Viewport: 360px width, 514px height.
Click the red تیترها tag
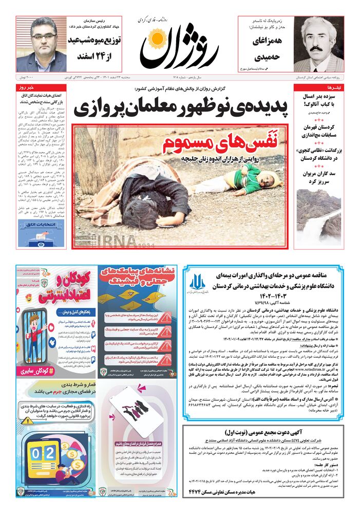click(x=333, y=87)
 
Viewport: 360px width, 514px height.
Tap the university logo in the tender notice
click(x=197, y=283)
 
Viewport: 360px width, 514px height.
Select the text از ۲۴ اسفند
click(x=91, y=57)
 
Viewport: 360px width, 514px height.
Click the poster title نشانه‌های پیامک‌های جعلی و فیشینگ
click(x=138, y=278)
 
